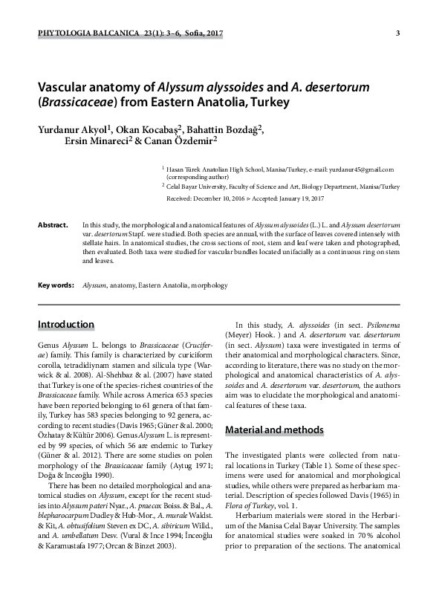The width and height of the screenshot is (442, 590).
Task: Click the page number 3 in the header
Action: point(399,33)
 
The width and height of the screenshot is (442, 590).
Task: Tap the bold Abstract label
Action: point(53,224)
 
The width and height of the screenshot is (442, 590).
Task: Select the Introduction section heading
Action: point(65,325)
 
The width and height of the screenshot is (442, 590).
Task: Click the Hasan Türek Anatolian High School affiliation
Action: point(215,170)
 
